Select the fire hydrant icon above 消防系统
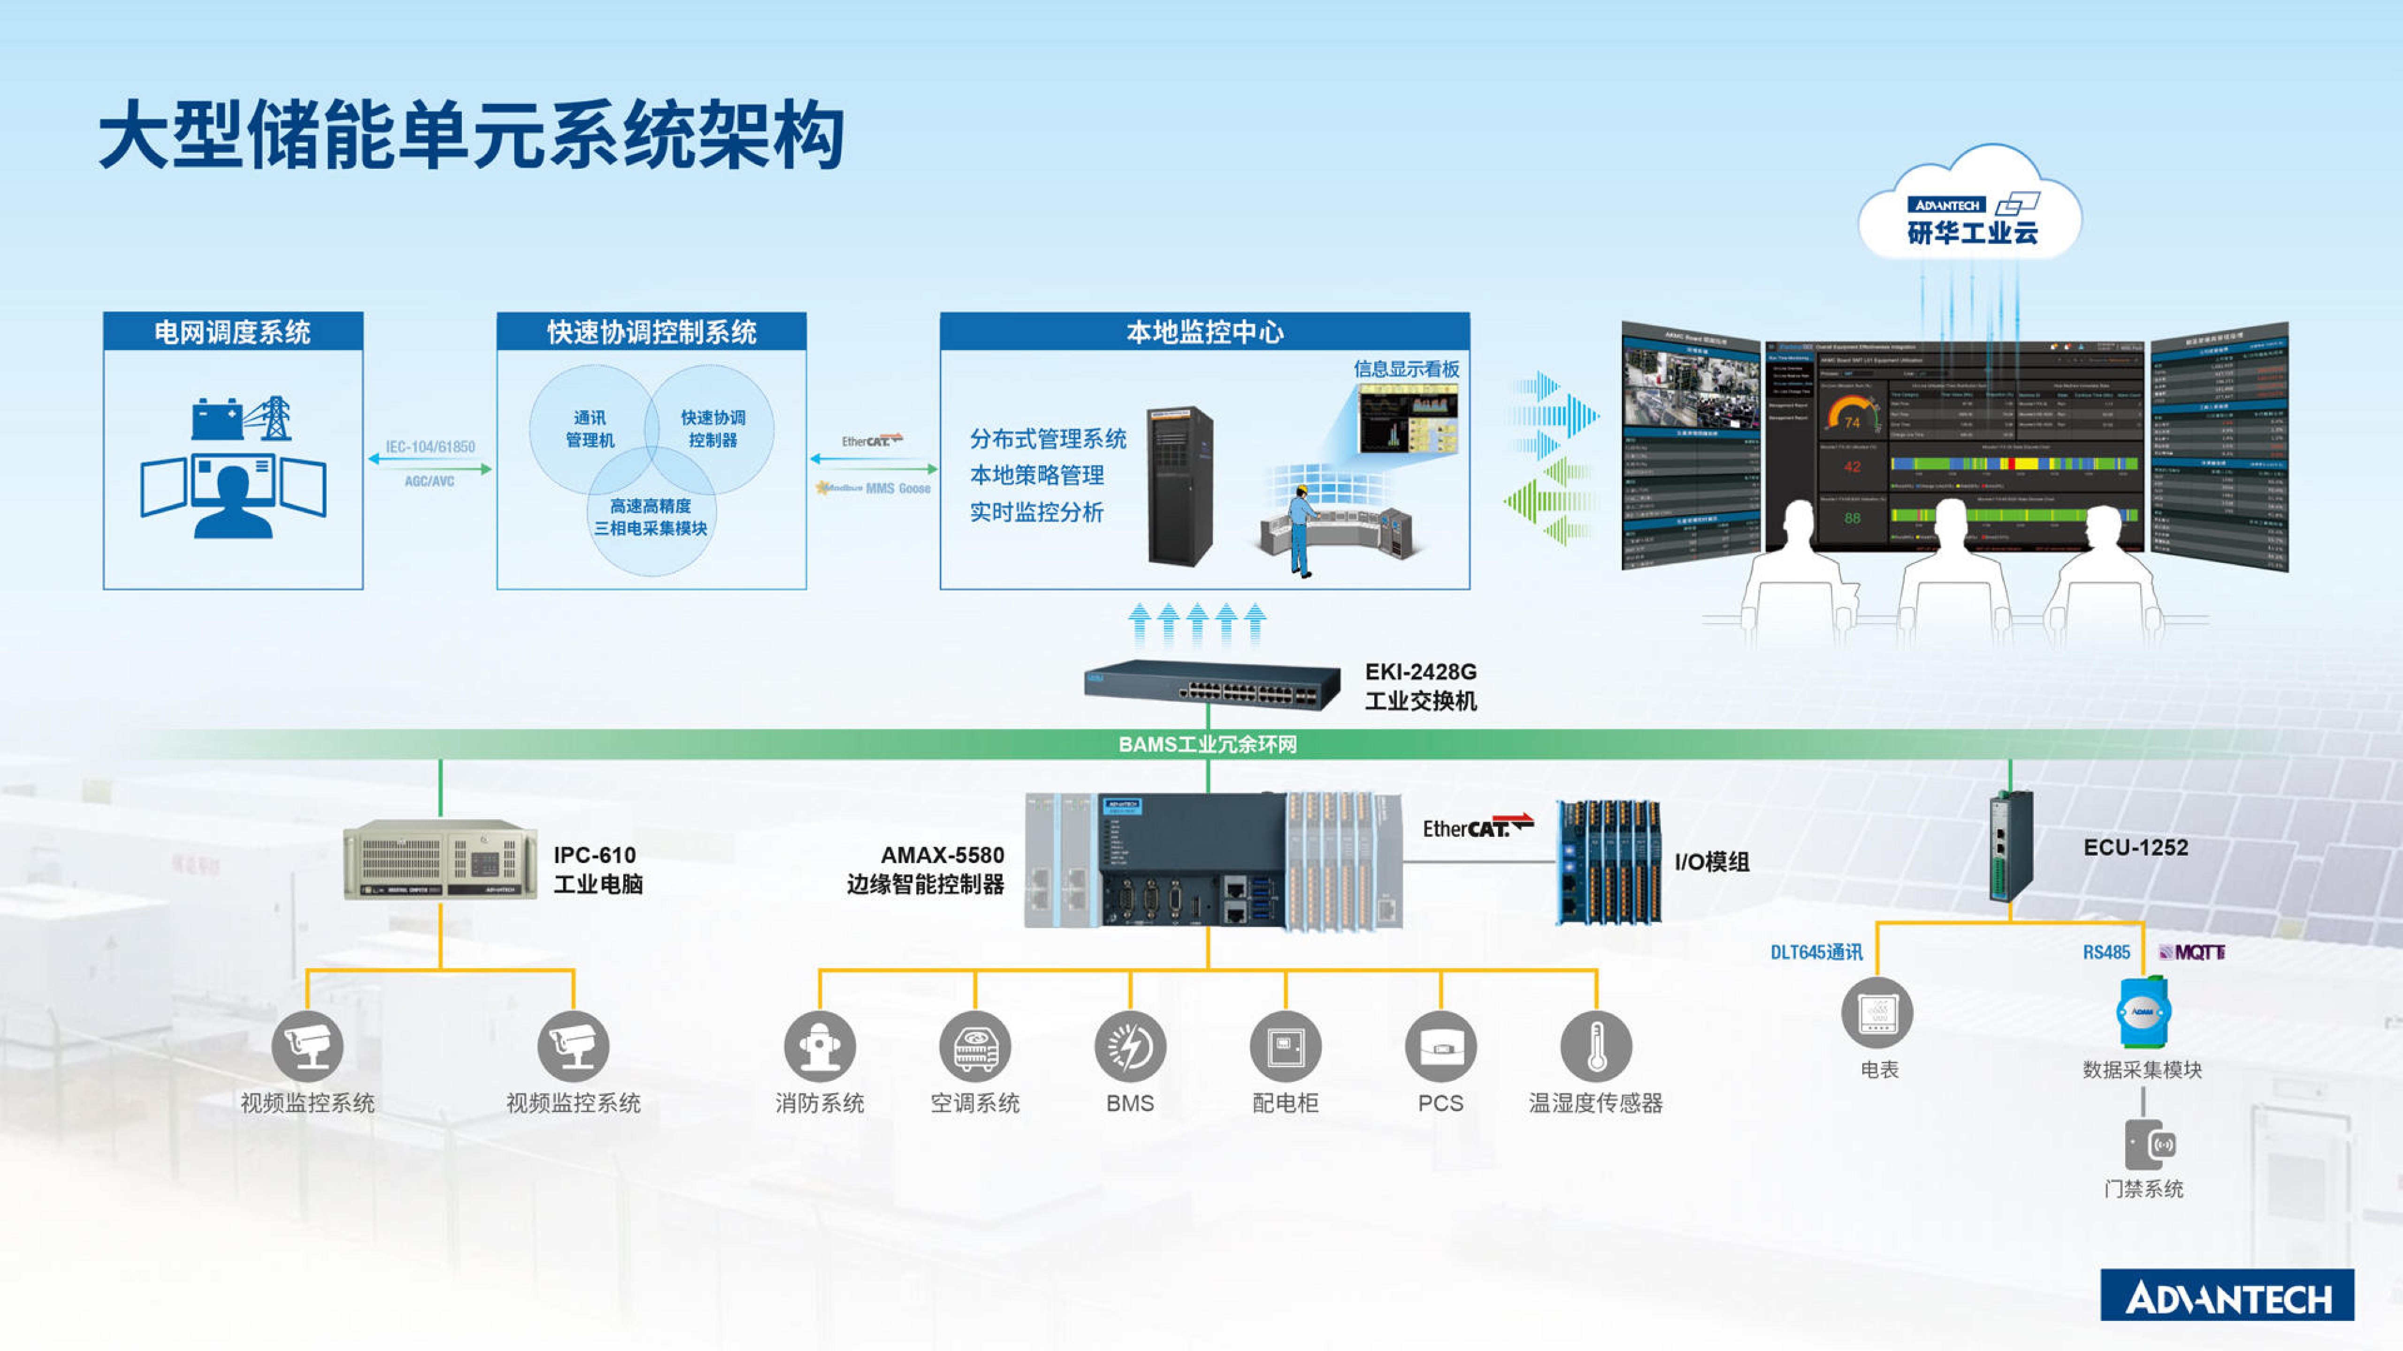(819, 1046)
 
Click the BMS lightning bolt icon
(1130, 1046)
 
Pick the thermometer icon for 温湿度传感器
(1595, 1046)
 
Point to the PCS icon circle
(1440, 1046)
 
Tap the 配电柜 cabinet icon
(1285, 1046)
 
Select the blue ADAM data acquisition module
(2143, 1012)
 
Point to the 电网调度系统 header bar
(232, 332)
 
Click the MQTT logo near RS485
(2192, 952)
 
